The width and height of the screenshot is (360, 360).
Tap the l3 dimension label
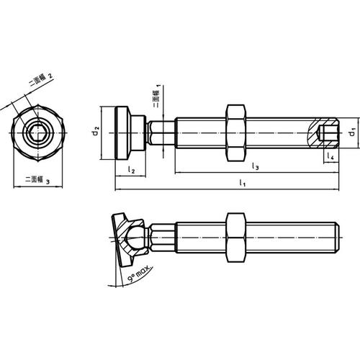tap(256, 167)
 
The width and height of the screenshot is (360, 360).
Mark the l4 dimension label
tap(329, 156)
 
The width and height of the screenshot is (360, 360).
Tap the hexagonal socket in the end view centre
tap(39, 133)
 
